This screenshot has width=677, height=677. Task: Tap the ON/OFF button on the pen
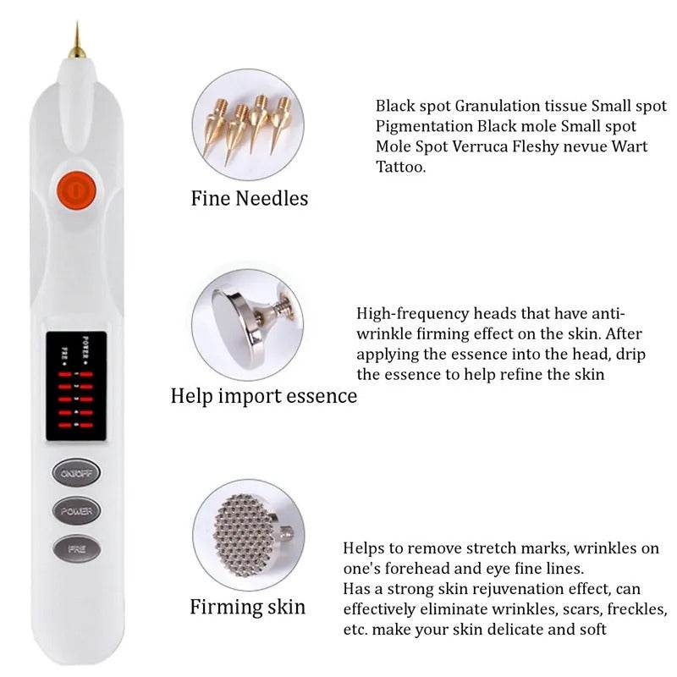tap(77, 472)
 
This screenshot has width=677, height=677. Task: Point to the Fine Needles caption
tap(250, 199)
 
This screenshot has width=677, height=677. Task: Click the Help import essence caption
tap(264, 396)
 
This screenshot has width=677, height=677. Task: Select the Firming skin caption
tap(248, 607)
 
